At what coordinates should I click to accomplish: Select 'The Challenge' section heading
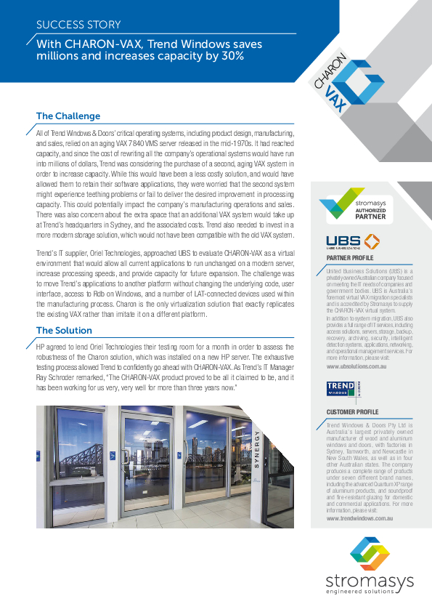68,116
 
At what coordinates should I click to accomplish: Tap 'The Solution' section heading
64,331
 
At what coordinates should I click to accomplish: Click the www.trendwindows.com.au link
360,518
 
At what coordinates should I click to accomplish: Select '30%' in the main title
230,55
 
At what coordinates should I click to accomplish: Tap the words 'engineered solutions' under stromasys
370,592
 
